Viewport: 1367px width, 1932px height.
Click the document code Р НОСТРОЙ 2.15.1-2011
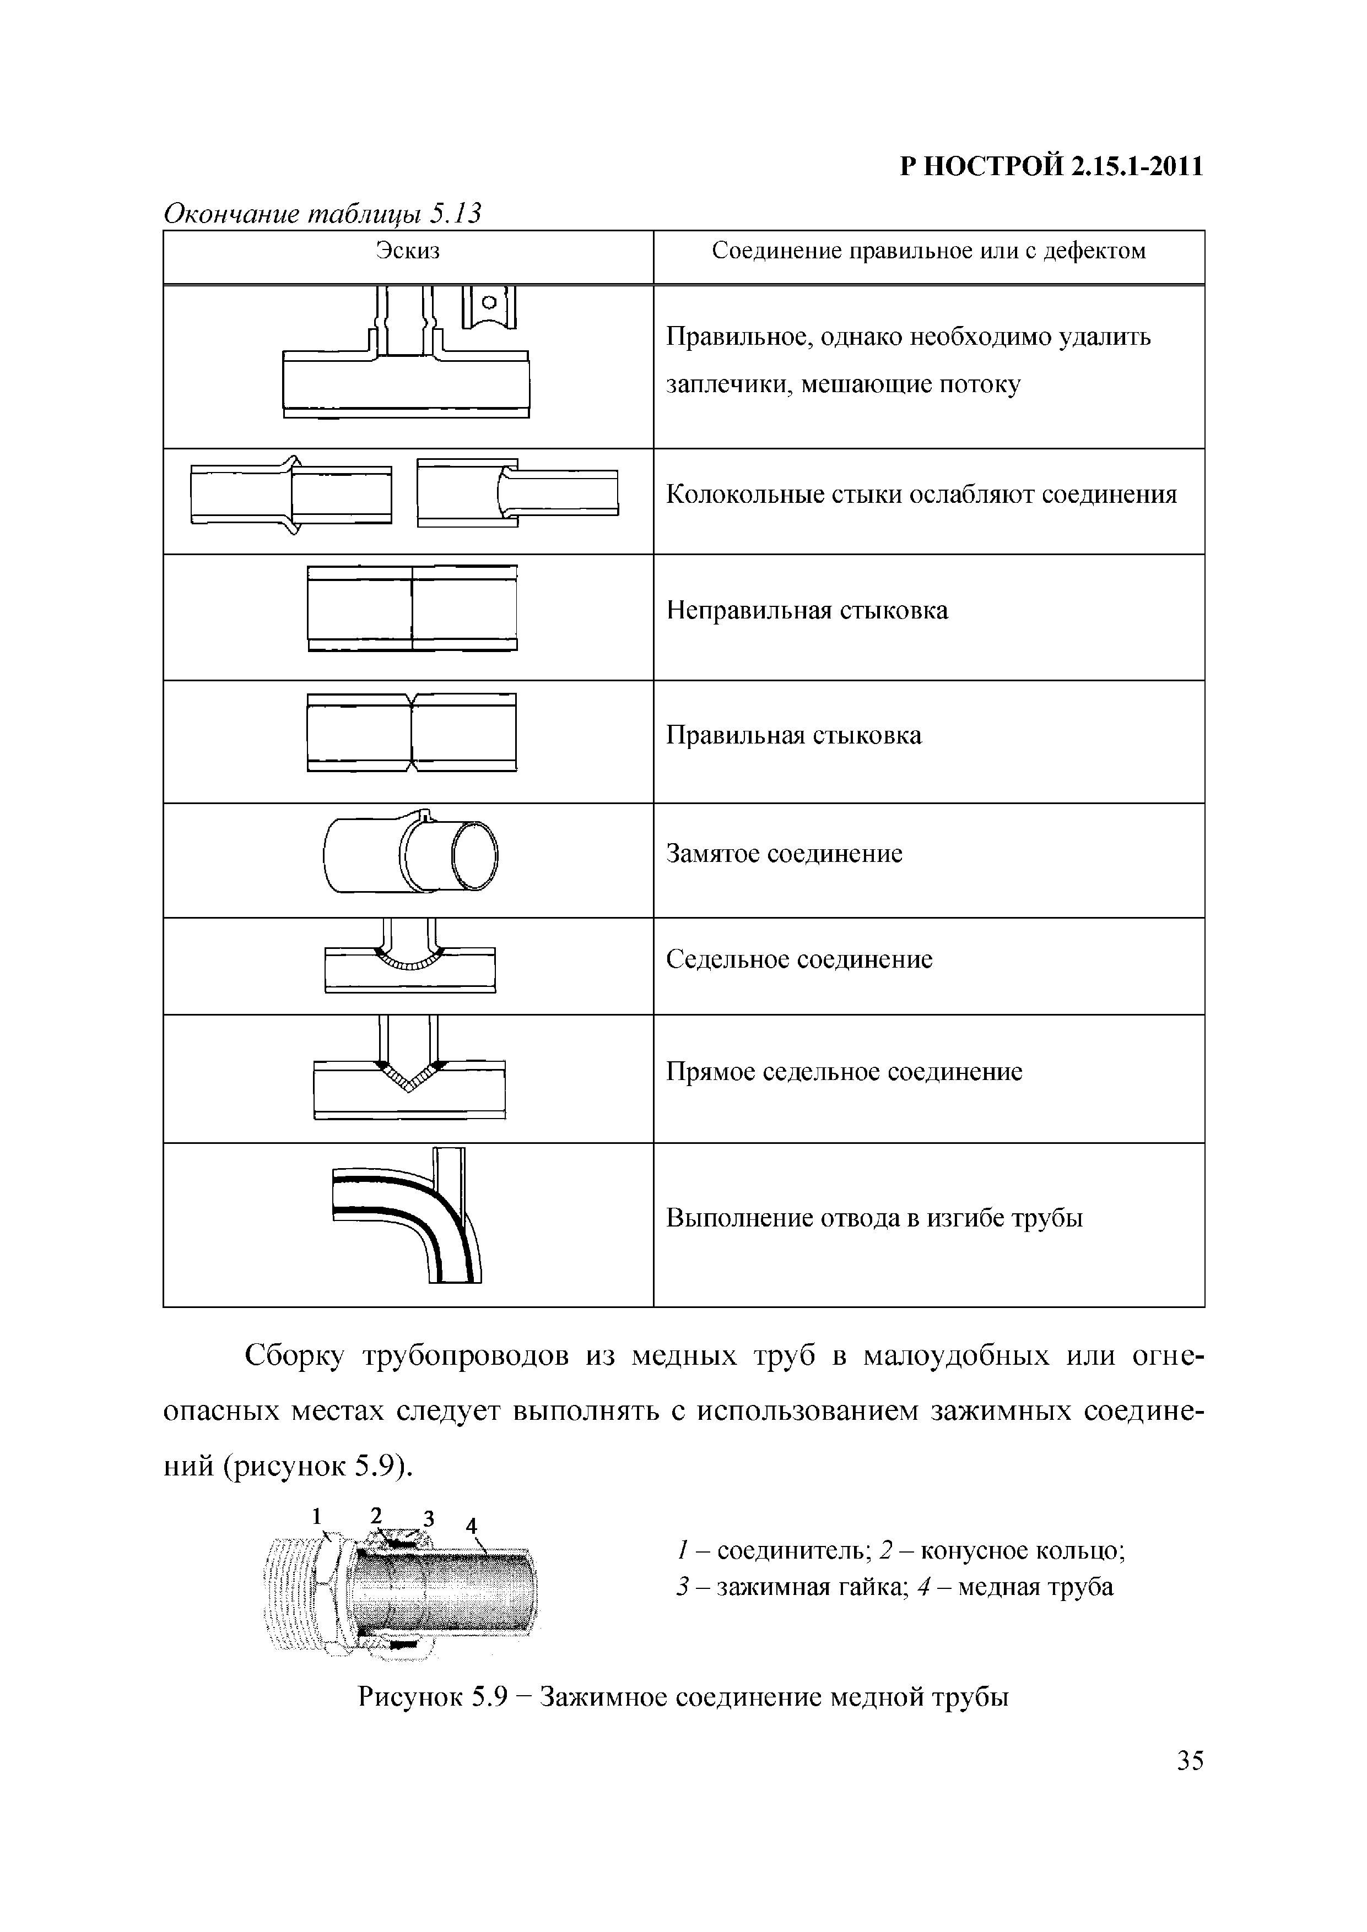(1051, 167)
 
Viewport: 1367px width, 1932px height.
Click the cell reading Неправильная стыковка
(807, 610)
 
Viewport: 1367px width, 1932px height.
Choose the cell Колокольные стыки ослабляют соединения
(921, 495)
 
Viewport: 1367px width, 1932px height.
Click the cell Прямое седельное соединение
(844, 1072)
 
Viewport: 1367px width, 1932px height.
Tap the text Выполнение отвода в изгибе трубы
(874, 1218)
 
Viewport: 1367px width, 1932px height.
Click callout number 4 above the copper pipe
(472, 1525)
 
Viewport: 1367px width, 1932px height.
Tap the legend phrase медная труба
(1035, 1587)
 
